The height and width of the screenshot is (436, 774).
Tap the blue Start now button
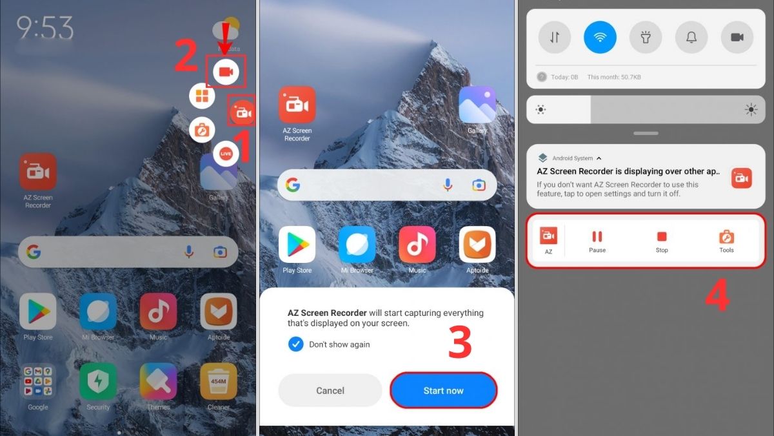coord(443,390)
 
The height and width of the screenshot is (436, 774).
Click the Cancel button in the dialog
coord(330,390)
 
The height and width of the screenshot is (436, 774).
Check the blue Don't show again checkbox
coord(295,344)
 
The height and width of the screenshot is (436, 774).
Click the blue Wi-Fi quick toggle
coord(600,37)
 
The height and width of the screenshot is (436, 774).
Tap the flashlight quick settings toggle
coord(646,37)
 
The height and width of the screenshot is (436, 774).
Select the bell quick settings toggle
coord(691,37)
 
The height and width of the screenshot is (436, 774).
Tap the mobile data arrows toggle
coord(554,37)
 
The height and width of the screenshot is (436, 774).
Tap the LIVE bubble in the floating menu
coord(226,153)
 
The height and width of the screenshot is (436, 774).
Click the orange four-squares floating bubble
coord(202,96)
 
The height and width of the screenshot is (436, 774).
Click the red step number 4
coord(717,296)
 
